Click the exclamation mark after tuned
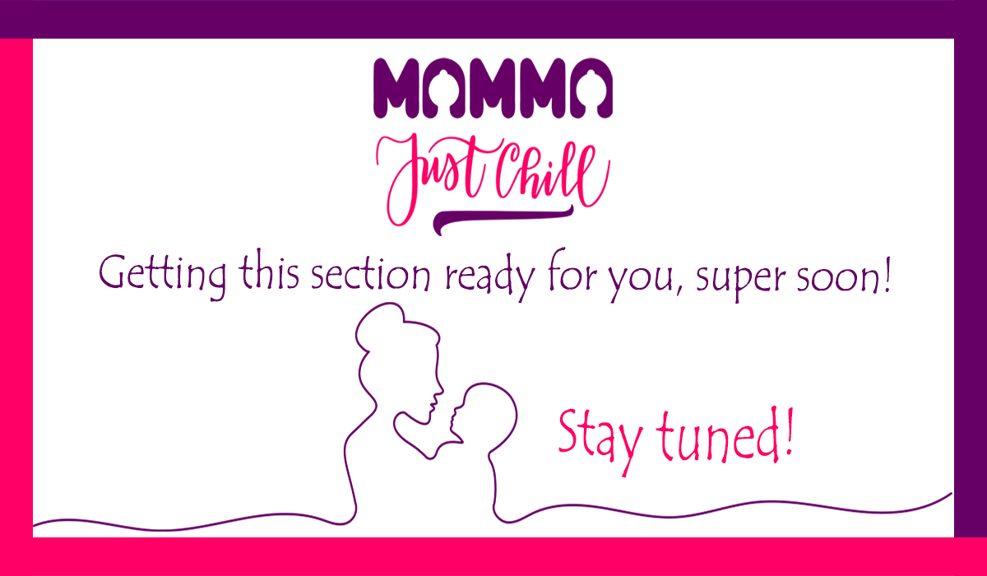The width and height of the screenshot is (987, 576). click(x=789, y=431)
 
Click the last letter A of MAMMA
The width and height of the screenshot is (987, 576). click(x=591, y=88)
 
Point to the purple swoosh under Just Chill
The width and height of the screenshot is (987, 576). click(x=503, y=219)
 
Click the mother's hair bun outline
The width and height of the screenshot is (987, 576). click(x=379, y=325)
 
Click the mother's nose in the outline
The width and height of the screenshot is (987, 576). click(x=440, y=388)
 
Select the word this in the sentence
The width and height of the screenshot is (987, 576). click(x=269, y=273)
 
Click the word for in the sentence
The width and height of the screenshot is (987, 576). click(x=572, y=274)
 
